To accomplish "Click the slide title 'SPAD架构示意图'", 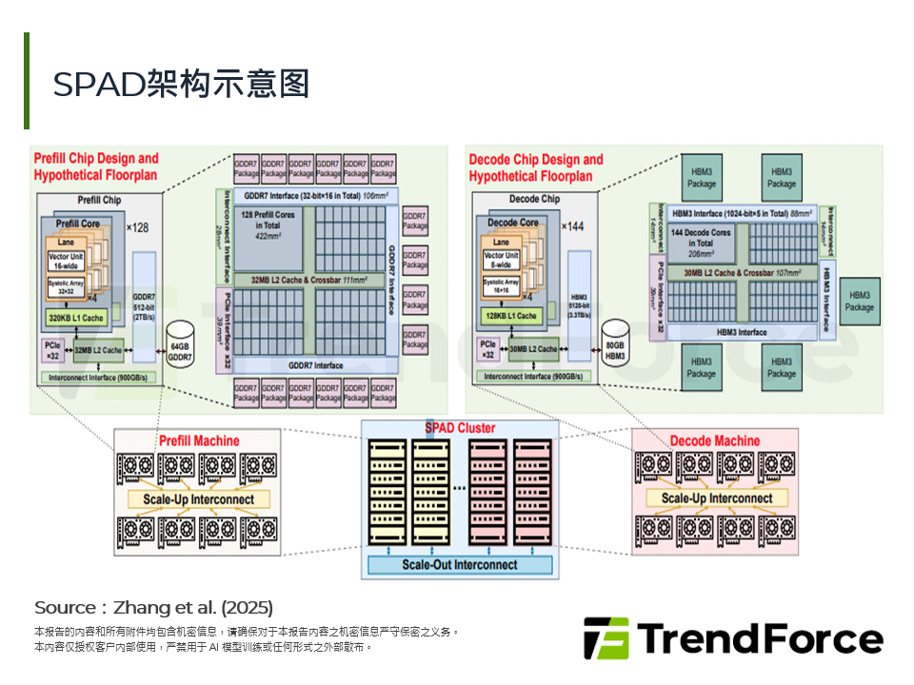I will (181, 84).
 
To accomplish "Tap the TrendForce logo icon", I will (606, 638).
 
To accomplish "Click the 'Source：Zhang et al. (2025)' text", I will (153, 607).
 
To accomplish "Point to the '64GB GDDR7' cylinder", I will (179, 349).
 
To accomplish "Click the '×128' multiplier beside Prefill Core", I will (137, 227).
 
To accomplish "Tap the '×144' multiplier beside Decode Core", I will (571, 226).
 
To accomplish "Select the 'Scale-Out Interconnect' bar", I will (460, 564).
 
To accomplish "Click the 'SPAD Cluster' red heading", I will (460, 428).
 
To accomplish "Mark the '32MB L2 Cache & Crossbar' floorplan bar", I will (301, 281).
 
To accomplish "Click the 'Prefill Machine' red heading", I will (199, 440).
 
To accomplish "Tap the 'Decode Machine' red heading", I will (715, 440).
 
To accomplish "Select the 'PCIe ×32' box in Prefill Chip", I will (52, 349).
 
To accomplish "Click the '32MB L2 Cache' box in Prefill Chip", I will (98, 350).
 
